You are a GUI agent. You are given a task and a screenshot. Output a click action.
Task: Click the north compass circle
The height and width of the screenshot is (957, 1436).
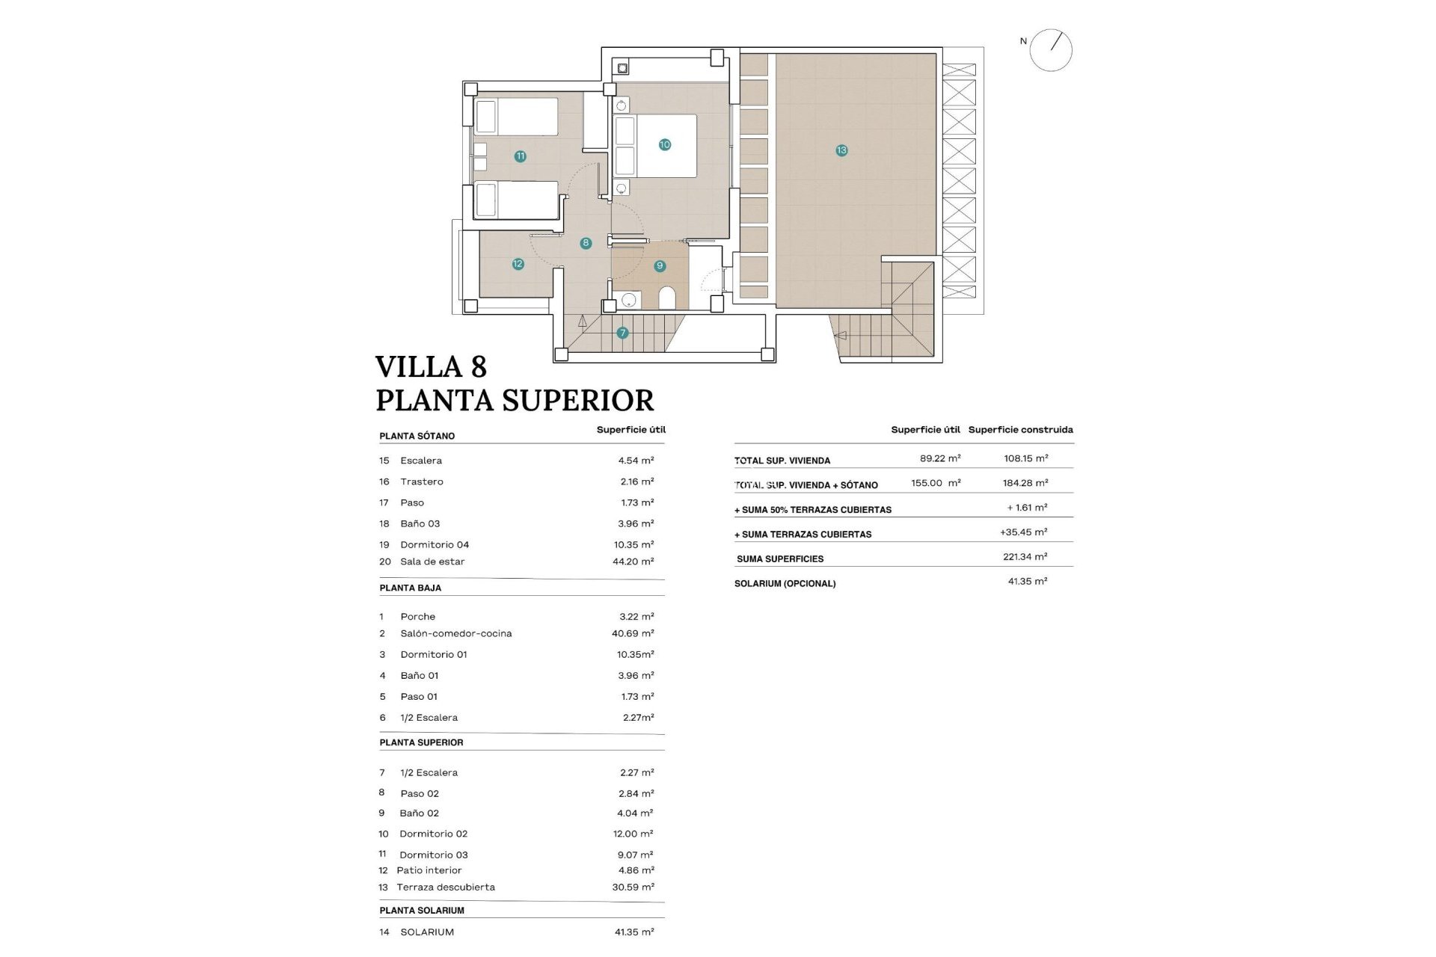pos(1050,50)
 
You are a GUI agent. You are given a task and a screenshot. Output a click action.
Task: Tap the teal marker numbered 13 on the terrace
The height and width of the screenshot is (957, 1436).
pos(841,150)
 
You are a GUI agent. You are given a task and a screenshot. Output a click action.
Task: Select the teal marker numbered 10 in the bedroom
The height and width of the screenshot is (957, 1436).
pos(664,144)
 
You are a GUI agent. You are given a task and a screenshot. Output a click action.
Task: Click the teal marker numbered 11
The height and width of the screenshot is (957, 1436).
pos(520,156)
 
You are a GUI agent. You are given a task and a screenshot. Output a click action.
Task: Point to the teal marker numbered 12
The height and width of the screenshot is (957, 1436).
pos(518,264)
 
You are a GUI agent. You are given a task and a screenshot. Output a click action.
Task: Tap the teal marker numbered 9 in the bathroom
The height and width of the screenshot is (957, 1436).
pos(659,265)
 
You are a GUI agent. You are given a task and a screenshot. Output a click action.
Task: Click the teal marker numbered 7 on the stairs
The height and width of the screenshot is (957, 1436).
pos(622,333)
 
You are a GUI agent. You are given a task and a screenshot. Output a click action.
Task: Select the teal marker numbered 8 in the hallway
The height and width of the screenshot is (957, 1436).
pos(586,243)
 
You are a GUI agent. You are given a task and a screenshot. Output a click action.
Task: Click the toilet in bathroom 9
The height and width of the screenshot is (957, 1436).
pos(667,299)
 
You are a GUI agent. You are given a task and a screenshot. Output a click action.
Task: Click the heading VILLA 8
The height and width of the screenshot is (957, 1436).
pos(431,367)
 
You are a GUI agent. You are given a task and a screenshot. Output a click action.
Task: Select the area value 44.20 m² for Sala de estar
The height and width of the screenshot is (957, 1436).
pos(633,561)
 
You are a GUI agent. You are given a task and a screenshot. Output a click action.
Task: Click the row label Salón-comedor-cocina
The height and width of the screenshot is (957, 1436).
pos(455,633)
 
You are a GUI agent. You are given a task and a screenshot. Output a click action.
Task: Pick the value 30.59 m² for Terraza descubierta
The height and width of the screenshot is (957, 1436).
pos(633,887)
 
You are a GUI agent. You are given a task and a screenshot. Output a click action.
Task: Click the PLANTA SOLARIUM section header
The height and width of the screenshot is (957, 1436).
pos(422,910)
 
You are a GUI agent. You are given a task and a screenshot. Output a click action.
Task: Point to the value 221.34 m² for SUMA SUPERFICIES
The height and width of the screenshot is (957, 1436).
pos(1025,557)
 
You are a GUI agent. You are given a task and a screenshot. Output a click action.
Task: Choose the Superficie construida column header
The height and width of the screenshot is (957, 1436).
pos(1020,429)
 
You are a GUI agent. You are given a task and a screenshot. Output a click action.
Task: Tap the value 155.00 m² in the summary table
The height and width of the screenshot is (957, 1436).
pos(936,483)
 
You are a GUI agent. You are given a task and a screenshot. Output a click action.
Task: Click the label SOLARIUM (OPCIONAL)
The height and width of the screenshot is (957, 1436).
pos(785,583)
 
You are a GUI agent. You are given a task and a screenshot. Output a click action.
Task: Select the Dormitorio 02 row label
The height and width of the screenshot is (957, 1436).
pos(433,834)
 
